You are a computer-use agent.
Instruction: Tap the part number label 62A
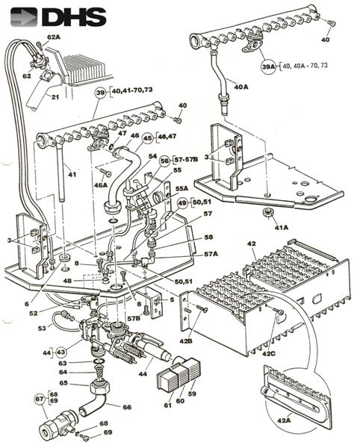[x=54, y=37]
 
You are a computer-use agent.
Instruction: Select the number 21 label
[x=55, y=96]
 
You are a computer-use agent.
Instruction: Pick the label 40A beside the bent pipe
[x=240, y=87]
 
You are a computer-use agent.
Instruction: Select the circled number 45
[x=147, y=138]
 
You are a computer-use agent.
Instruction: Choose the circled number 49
[x=182, y=202]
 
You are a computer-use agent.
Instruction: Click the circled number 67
[x=40, y=399]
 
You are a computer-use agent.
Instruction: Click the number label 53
[x=42, y=328]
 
